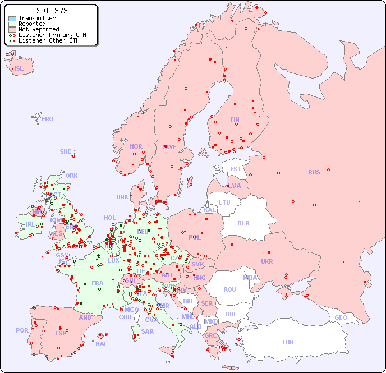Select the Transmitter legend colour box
pyautogui.click(x=12, y=19)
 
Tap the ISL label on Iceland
pyautogui.click(x=19, y=69)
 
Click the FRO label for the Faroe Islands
pyautogui.click(x=48, y=119)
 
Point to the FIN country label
pyautogui.click(x=235, y=119)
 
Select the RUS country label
pyautogui.click(x=314, y=172)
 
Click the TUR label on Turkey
pyautogui.click(x=288, y=342)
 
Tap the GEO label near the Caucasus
pyautogui.click(x=341, y=317)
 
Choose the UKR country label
pyautogui.click(x=267, y=261)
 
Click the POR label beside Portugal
pyautogui.click(x=22, y=330)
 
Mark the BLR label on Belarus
pyautogui.click(x=243, y=223)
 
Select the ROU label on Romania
pyautogui.click(x=229, y=289)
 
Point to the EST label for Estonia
pyautogui.click(x=236, y=169)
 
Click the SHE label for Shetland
pyautogui.click(x=66, y=151)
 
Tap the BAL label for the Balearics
pyautogui.click(x=102, y=344)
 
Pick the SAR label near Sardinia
pyautogui.click(x=148, y=331)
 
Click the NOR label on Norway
pyautogui.click(x=136, y=146)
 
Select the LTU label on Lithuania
pyautogui.click(x=224, y=202)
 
